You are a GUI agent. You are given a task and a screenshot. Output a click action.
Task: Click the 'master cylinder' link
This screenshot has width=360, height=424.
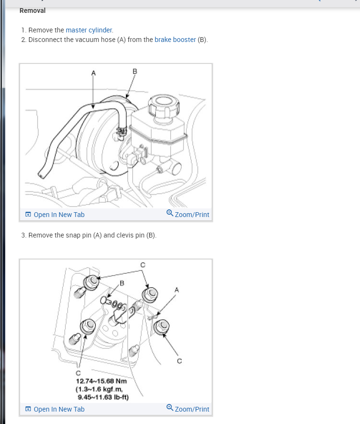pyautogui.click(x=89, y=30)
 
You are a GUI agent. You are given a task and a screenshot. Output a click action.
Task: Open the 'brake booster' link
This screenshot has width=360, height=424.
pyautogui.click(x=175, y=40)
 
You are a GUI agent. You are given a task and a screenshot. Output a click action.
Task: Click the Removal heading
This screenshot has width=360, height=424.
pyautogui.click(x=32, y=10)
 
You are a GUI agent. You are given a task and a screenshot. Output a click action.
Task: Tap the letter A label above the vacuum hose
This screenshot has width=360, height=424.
pyautogui.click(x=93, y=73)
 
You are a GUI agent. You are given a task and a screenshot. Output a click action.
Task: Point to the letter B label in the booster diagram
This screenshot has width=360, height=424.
pyautogui.click(x=135, y=72)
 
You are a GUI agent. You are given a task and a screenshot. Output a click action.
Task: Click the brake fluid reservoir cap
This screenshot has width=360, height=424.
pyautogui.click(x=164, y=105)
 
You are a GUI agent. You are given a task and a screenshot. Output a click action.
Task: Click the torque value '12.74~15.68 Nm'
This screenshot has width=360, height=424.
pyautogui.click(x=102, y=381)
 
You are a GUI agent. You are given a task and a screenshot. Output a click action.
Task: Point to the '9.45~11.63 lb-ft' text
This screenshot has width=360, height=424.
pyautogui.click(x=103, y=397)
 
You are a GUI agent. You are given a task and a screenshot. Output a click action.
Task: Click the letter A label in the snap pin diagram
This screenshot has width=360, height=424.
pyautogui.click(x=177, y=290)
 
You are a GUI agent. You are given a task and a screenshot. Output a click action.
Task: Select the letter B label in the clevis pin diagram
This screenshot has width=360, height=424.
pyautogui.click(x=122, y=283)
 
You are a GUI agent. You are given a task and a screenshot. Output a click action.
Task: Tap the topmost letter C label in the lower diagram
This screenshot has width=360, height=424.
pyautogui.click(x=143, y=265)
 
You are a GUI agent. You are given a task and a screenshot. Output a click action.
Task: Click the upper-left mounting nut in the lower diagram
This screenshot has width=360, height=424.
pyautogui.click(x=91, y=282)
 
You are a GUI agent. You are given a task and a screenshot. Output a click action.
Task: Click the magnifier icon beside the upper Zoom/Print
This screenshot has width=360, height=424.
pyautogui.click(x=170, y=213)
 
